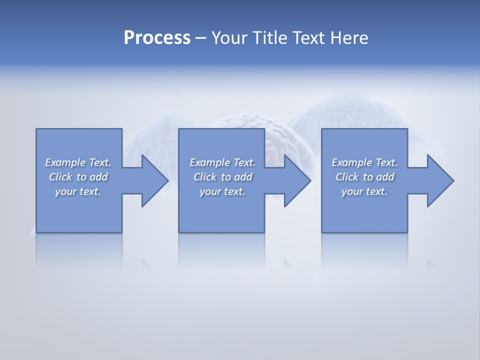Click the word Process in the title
click(x=157, y=38)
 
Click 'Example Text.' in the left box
click(x=78, y=162)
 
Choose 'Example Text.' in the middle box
click(x=222, y=162)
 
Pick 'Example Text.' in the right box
click(x=364, y=162)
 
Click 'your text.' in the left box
click(x=78, y=191)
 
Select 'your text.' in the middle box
click(x=222, y=191)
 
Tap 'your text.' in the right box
click(x=364, y=191)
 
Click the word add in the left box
click(x=98, y=177)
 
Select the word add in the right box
click(x=385, y=177)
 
